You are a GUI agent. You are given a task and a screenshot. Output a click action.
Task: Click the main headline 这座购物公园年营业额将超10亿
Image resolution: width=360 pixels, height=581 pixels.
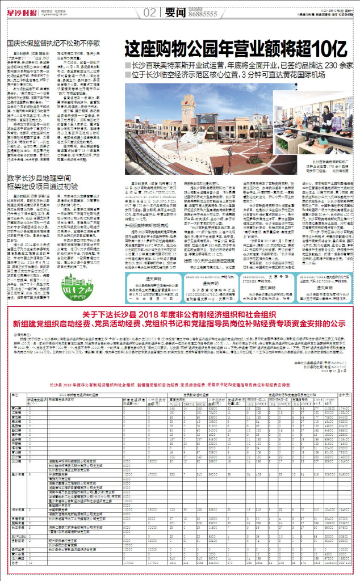(235, 47)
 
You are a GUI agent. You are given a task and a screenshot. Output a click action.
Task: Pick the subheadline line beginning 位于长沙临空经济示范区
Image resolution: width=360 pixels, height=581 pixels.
(234, 74)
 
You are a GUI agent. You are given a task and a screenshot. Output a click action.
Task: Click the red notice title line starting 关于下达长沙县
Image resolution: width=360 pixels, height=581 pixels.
(179, 314)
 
